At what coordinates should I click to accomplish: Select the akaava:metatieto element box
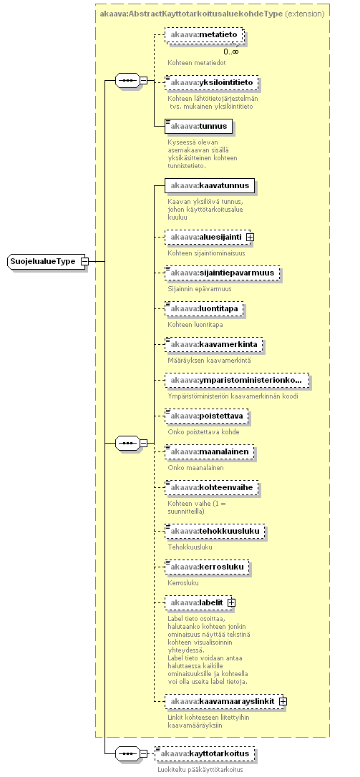point(204,35)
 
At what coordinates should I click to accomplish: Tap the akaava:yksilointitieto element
point(212,82)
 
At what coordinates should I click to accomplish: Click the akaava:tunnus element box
point(198,126)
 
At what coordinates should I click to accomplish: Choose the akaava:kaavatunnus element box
point(210,186)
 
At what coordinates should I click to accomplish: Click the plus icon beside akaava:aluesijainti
point(250,237)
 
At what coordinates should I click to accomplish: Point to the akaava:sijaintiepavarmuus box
point(223,273)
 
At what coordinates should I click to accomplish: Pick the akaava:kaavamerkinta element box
point(214,344)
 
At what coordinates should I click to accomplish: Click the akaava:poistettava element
point(207,416)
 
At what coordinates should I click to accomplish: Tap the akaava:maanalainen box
point(210,452)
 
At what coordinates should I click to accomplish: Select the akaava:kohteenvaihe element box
point(212,488)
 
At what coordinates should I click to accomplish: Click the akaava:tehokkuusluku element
point(215,531)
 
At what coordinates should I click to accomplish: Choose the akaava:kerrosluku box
point(208,566)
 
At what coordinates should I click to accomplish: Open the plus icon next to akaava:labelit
point(231,602)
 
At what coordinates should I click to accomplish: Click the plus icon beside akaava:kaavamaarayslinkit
point(283,701)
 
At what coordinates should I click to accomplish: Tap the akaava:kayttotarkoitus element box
point(205,753)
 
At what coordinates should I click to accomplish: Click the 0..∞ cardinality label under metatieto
point(230,52)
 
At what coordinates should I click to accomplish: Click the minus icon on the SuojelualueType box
point(84,261)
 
